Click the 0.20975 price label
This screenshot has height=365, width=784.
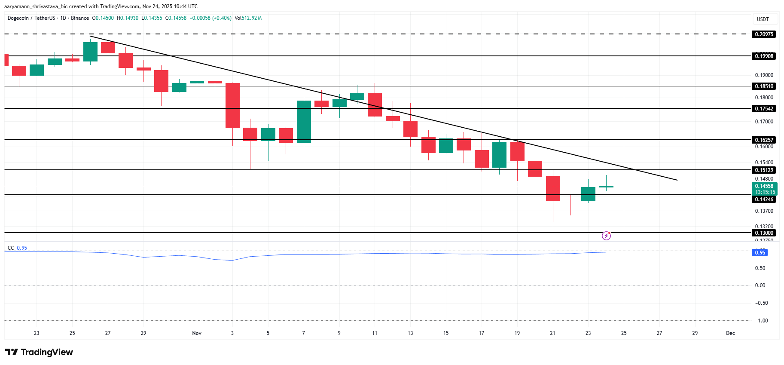pos(764,34)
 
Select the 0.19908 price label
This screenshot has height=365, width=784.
pos(764,56)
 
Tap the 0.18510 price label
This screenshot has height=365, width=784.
pos(764,86)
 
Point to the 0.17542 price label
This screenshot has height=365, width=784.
pos(764,109)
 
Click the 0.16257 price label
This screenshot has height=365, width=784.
pos(764,140)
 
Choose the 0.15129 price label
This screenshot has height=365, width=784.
pos(764,170)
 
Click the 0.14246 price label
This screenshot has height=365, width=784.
pos(764,199)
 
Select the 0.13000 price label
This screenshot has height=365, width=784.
pos(764,233)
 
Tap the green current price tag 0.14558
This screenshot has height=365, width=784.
pos(765,187)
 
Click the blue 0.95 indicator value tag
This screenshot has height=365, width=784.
pos(760,253)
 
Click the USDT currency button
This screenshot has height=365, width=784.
pos(763,19)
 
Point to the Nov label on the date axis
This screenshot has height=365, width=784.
pos(197,333)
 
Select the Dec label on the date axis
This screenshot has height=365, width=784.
pos(730,333)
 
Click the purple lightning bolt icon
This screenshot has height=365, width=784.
pos(606,236)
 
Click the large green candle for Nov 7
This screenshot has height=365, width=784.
pos(304,121)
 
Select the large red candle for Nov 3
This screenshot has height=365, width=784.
pos(232,105)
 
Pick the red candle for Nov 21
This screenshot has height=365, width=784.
pos(553,188)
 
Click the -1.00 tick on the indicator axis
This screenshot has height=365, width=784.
pos(762,321)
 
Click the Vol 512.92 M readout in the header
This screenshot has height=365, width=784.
pos(248,18)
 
